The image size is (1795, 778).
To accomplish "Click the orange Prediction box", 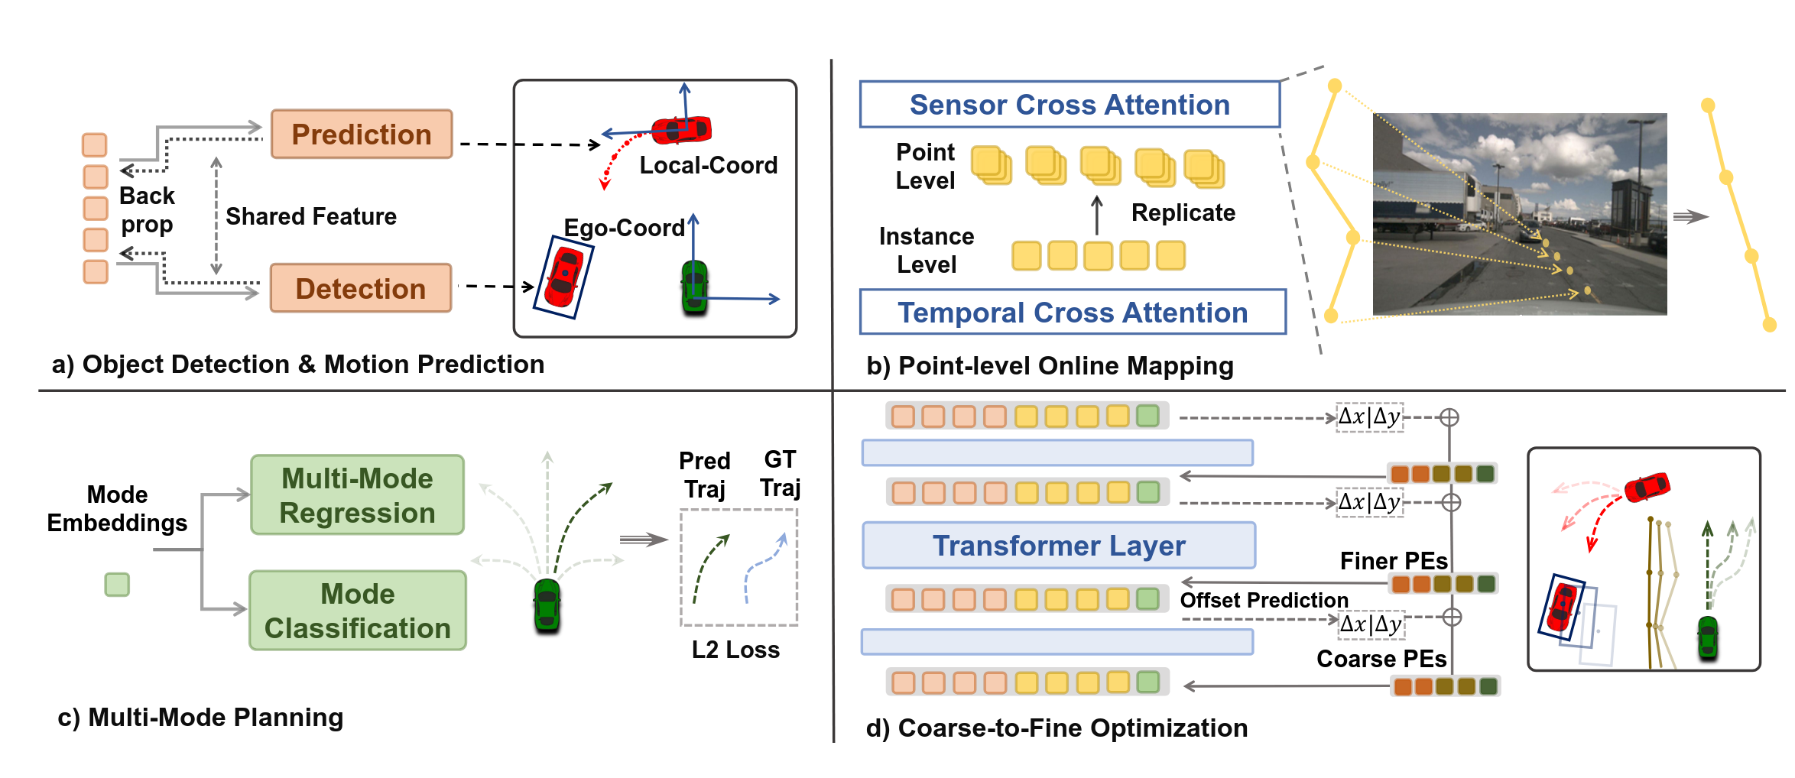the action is click(x=362, y=134).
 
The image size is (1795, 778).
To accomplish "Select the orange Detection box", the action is click(x=361, y=288).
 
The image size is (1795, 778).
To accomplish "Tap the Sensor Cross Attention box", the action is click(x=1070, y=105).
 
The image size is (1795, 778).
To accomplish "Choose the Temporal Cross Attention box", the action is click(x=1073, y=312).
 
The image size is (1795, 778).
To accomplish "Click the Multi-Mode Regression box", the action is click(x=357, y=494).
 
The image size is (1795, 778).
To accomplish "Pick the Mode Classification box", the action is click(x=358, y=611).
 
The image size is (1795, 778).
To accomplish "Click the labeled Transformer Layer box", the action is click(x=1059, y=545).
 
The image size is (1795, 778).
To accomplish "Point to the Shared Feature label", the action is click(x=311, y=216).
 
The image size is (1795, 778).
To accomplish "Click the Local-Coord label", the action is click(x=709, y=165).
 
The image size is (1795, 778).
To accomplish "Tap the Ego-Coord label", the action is click(x=624, y=228).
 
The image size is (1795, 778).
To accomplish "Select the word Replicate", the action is click(x=1183, y=212).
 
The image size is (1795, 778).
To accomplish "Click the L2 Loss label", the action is click(x=735, y=650).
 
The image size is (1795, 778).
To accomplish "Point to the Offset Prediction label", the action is click(x=1264, y=600).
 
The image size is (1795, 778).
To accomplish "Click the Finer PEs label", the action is click(x=1394, y=561).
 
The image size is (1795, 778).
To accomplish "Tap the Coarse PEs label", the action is click(x=1381, y=659).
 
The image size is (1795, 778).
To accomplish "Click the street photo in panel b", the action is click(x=1520, y=214).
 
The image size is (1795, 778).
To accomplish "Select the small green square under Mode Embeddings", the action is click(x=117, y=585).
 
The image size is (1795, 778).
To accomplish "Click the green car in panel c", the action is click(x=547, y=606).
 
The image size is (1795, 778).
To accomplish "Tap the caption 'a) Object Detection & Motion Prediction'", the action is click(x=298, y=365).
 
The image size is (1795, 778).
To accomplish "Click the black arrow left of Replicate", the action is click(x=1097, y=215).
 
